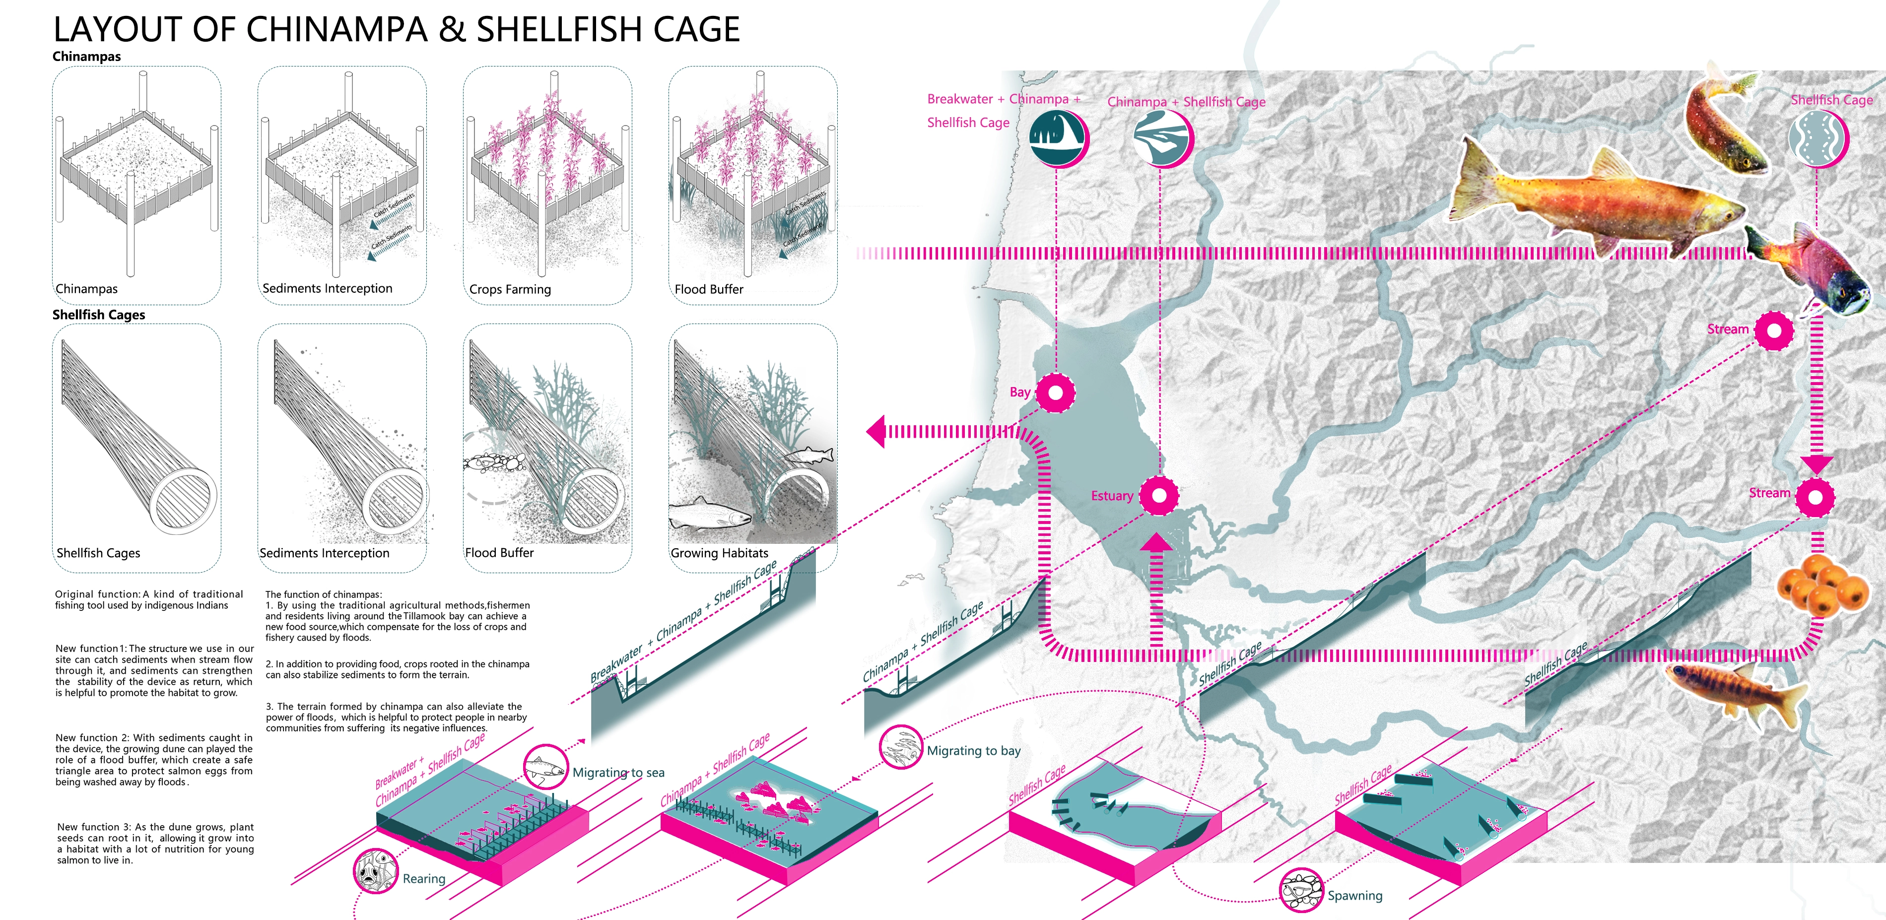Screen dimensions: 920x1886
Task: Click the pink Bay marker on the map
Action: (x=1055, y=393)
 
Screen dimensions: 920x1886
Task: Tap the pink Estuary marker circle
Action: (x=1158, y=496)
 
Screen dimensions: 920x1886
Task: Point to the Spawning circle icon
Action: (x=1300, y=890)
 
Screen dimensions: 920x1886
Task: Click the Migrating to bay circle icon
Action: (x=900, y=747)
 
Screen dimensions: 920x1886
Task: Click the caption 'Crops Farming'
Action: (x=510, y=289)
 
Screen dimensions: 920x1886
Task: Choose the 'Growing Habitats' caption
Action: (x=719, y=553)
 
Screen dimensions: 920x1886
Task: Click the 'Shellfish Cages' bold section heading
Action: (x=99, y=315)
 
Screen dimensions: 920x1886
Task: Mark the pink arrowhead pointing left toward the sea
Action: (x=876, y=431)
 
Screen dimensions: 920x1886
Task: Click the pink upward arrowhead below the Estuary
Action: (x=1156, y=542)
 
